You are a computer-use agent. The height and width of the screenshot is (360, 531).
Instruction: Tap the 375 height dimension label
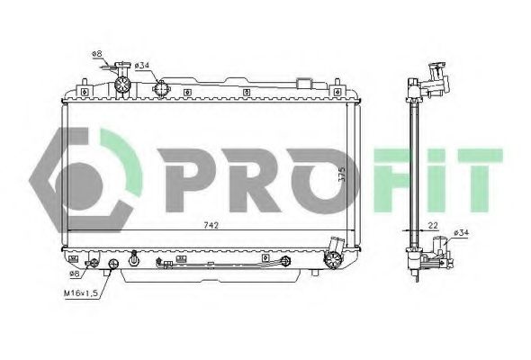coord(341,174)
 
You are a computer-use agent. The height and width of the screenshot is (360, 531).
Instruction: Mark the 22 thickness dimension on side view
coord(433,225)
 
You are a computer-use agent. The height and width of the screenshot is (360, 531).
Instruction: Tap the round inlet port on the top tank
coord(162,88)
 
